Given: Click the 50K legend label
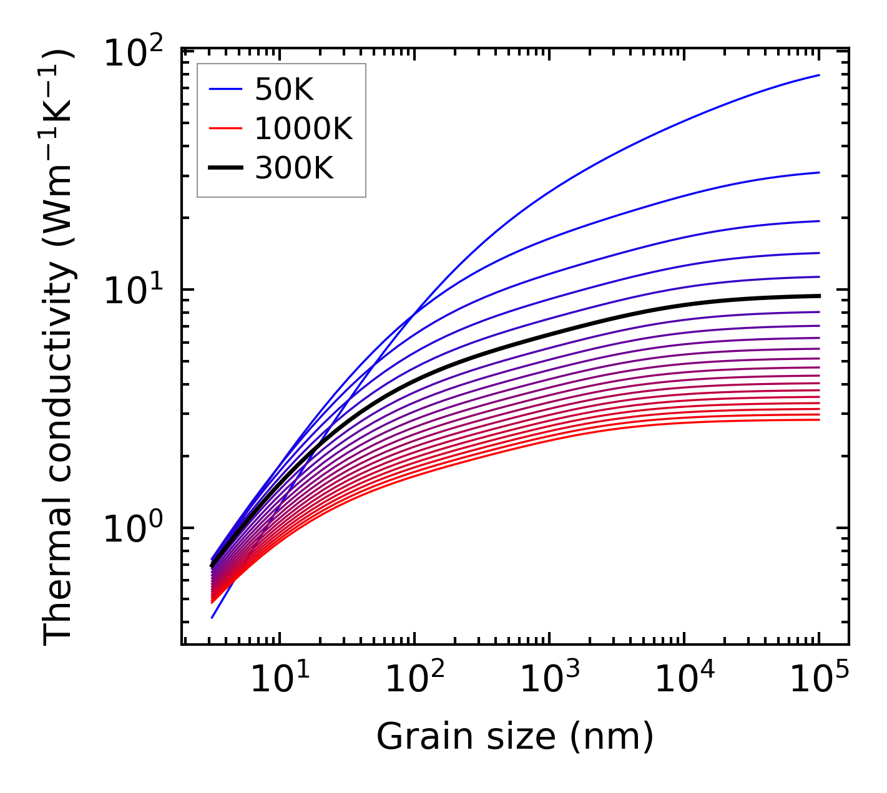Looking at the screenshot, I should [x=284, y=90].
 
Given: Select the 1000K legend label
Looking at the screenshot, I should [x=303, y=129].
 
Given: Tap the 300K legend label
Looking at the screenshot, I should [x=294, y=168].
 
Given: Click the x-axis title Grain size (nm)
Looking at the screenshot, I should [x=515, y=737].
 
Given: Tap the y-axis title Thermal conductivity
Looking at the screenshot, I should [x=59, y=346].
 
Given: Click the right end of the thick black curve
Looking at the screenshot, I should [x=819, y=296].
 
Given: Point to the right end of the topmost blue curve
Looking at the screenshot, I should [x=819, y=75].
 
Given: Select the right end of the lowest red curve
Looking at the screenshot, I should [x=819, y=419].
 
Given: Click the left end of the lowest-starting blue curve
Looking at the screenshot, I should [x=212, y=618].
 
